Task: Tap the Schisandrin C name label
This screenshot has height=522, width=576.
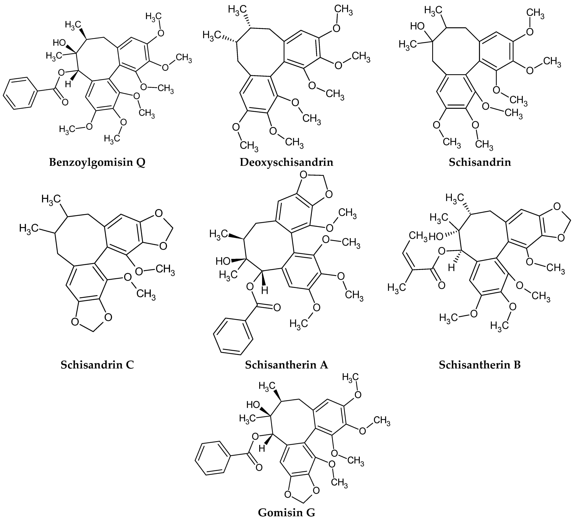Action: [x=97, y=365]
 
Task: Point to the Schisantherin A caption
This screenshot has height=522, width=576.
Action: [x=287, y=365]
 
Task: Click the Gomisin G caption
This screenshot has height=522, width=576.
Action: [x=287, y=513]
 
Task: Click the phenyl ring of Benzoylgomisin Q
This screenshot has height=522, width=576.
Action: [x=21, y=93]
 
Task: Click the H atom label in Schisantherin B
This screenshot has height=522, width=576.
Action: [x=451, y=268]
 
